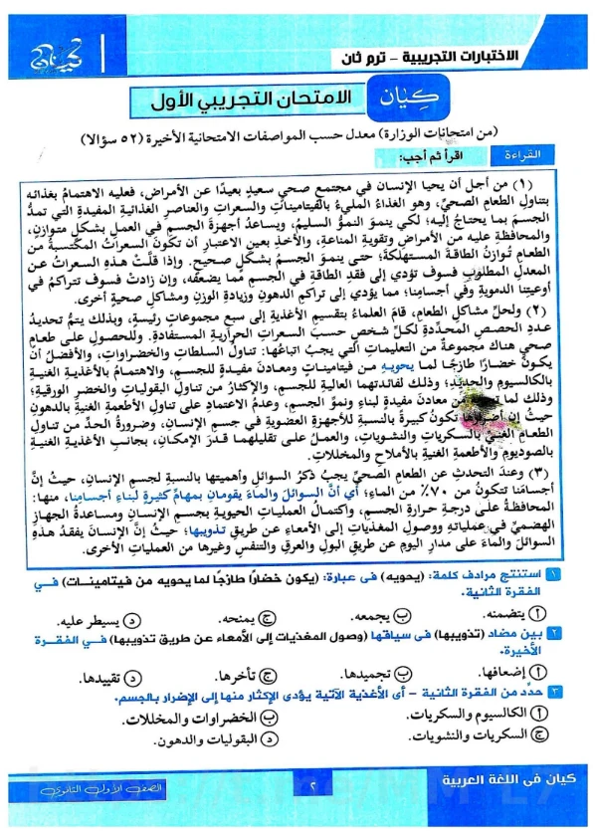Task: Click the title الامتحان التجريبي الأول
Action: coord(263,101)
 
